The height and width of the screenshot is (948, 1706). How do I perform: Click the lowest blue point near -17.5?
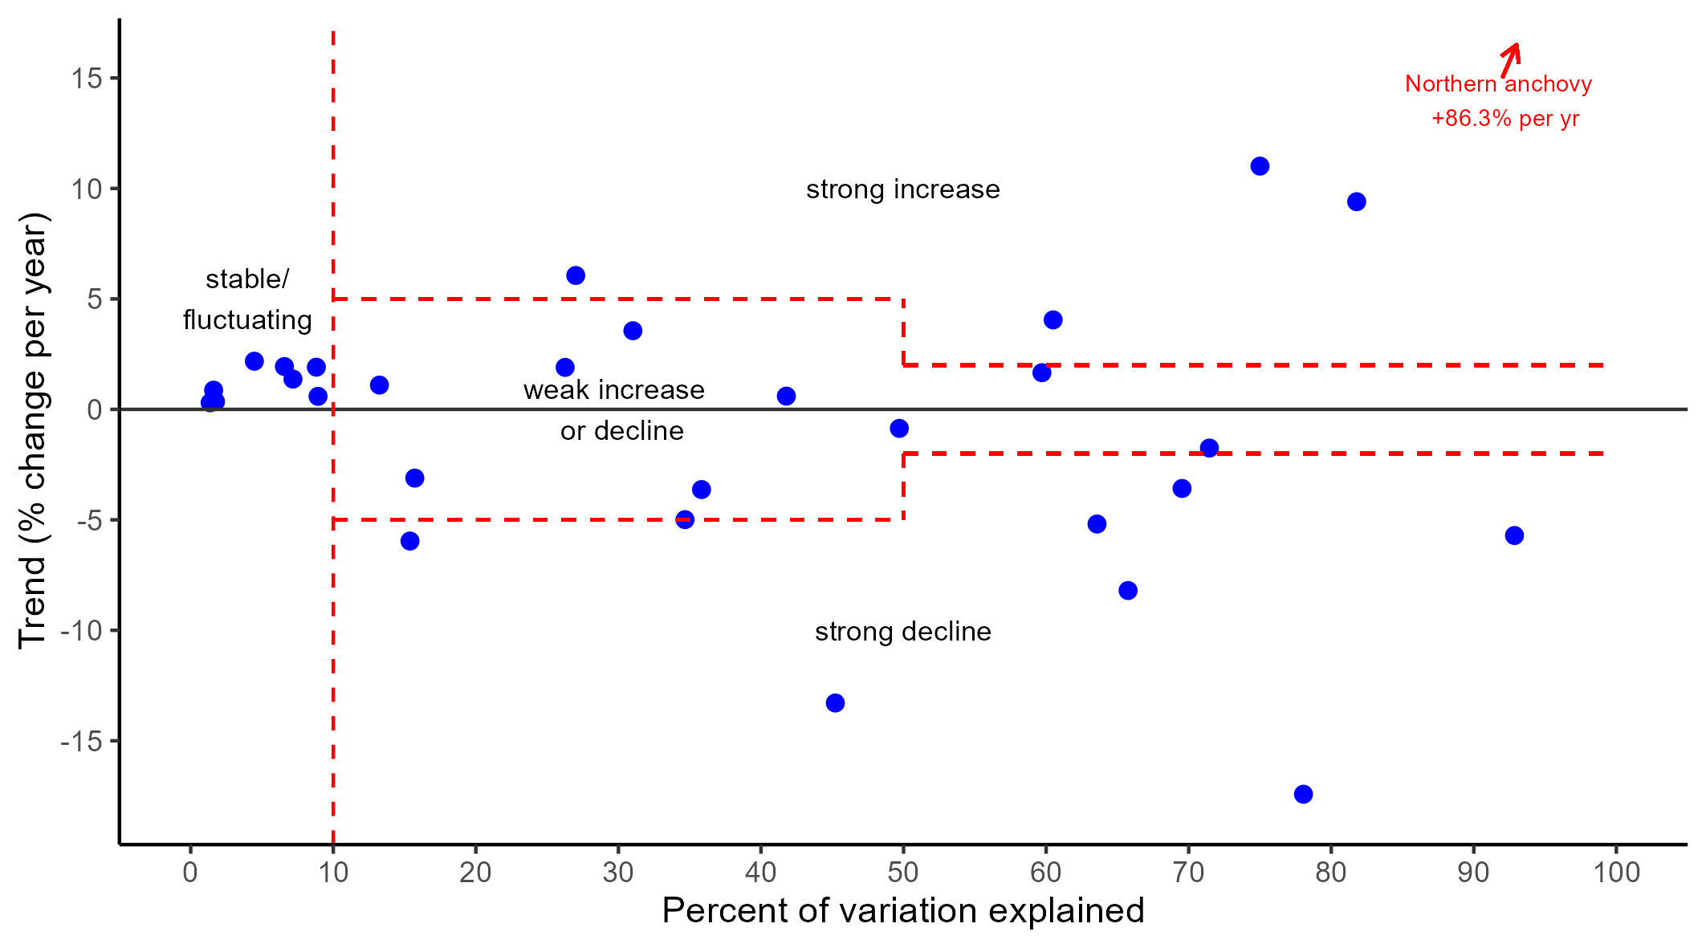(1303, 794)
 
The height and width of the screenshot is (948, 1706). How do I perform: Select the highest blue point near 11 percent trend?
(1260, 166)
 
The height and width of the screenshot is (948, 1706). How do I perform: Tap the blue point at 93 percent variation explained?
(1514, 535)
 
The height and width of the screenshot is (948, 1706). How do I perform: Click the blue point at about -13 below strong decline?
(835, 703)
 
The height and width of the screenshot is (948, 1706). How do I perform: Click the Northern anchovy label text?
(1498, 83)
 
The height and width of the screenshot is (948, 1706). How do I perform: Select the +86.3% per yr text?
(1504, 119)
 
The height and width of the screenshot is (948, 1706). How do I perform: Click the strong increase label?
(902, 189)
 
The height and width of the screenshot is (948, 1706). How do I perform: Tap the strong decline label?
(902, 632)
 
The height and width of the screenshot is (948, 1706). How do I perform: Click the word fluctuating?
(247, 320)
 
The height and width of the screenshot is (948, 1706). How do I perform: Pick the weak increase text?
(613, 390)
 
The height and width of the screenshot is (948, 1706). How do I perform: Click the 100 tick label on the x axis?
(1616, 872)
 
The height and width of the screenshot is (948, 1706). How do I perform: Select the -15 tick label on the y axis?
(81, 741)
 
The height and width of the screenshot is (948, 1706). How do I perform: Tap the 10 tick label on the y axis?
(86, 189)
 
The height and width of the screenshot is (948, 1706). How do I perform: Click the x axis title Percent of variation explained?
(902, 911)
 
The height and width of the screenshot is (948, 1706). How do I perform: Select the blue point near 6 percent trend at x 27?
(576, 275)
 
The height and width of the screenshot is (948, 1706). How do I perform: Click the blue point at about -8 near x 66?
(1128, 591)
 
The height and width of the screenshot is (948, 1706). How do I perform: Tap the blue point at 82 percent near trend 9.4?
(1357, 201)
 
